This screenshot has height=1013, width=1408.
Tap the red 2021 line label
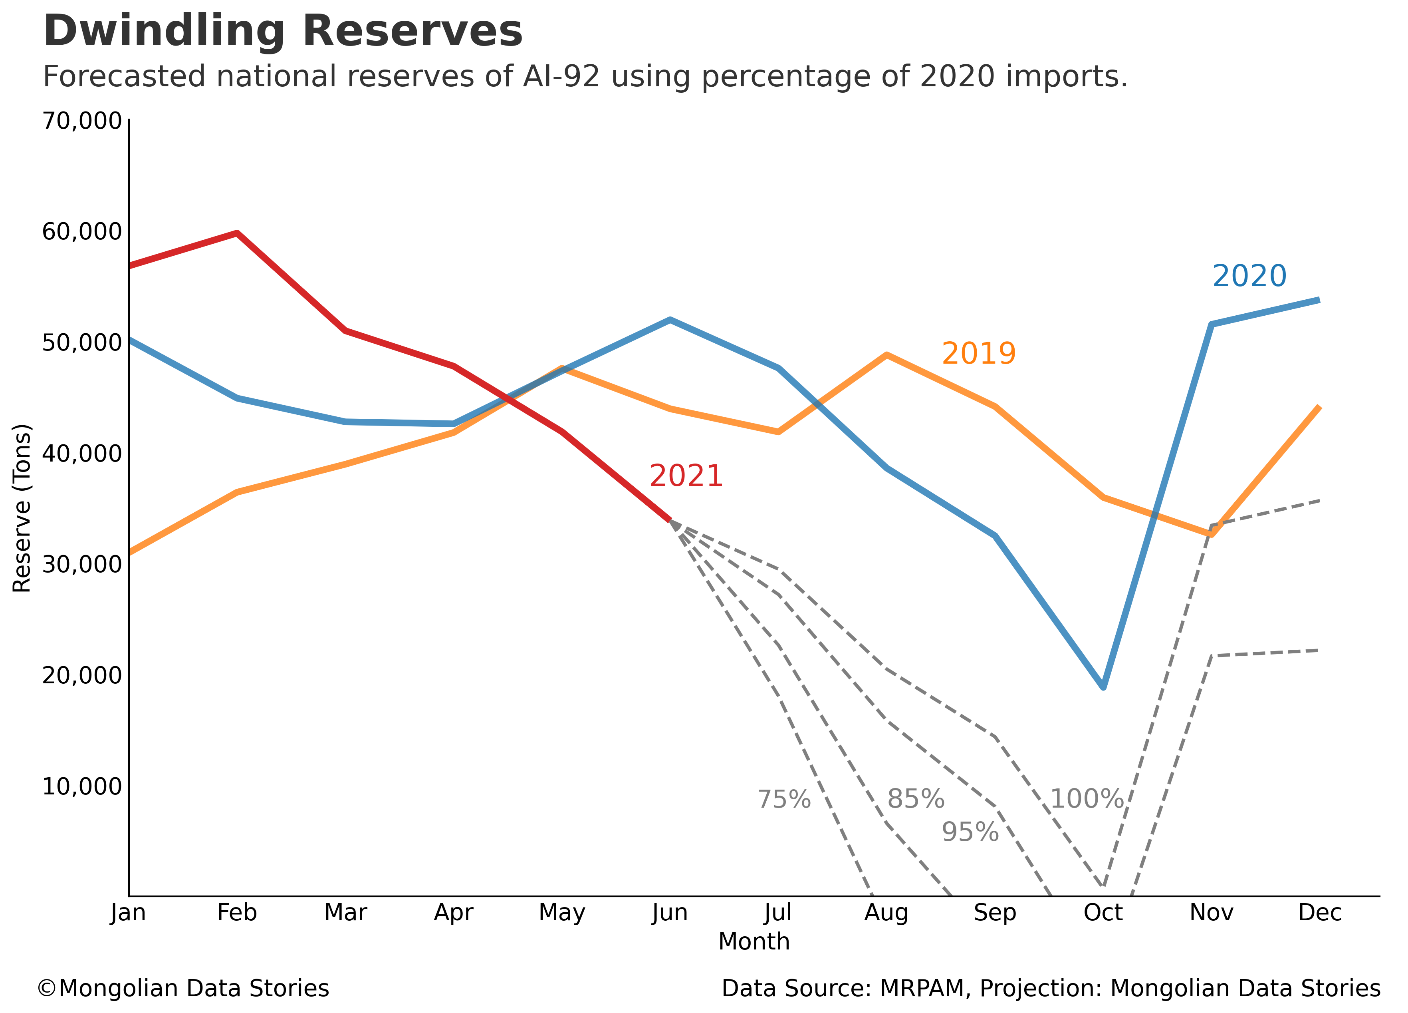point(686,476)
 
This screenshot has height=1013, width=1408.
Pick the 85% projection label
point(915,799)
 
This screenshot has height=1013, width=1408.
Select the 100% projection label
point(1087,799)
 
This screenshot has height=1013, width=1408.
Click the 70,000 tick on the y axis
point(81,121)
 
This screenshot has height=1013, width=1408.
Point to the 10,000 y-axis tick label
point(81,786)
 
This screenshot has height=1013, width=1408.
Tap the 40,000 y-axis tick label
point(81,454)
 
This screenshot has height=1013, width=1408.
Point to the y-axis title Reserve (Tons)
point(22,507)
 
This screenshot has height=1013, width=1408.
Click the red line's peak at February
point(237,233)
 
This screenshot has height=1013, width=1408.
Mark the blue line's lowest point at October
point(1103,687)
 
